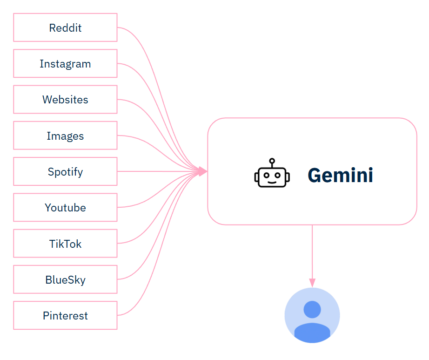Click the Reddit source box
point(65,27)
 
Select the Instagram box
point(65,63)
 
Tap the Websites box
point(65,100)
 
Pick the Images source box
point(65,136)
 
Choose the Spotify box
point(65,171)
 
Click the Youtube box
point(65,208)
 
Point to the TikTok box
point(65,244)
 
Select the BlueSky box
point(65,279)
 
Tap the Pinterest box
point(65,315)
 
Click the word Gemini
point(340,175)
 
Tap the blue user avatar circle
point(312,315)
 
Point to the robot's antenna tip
point(272,161)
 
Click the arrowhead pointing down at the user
point(312,283)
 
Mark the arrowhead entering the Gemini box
point(202,171)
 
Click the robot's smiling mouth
point(272,182)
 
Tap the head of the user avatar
point(312,309)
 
